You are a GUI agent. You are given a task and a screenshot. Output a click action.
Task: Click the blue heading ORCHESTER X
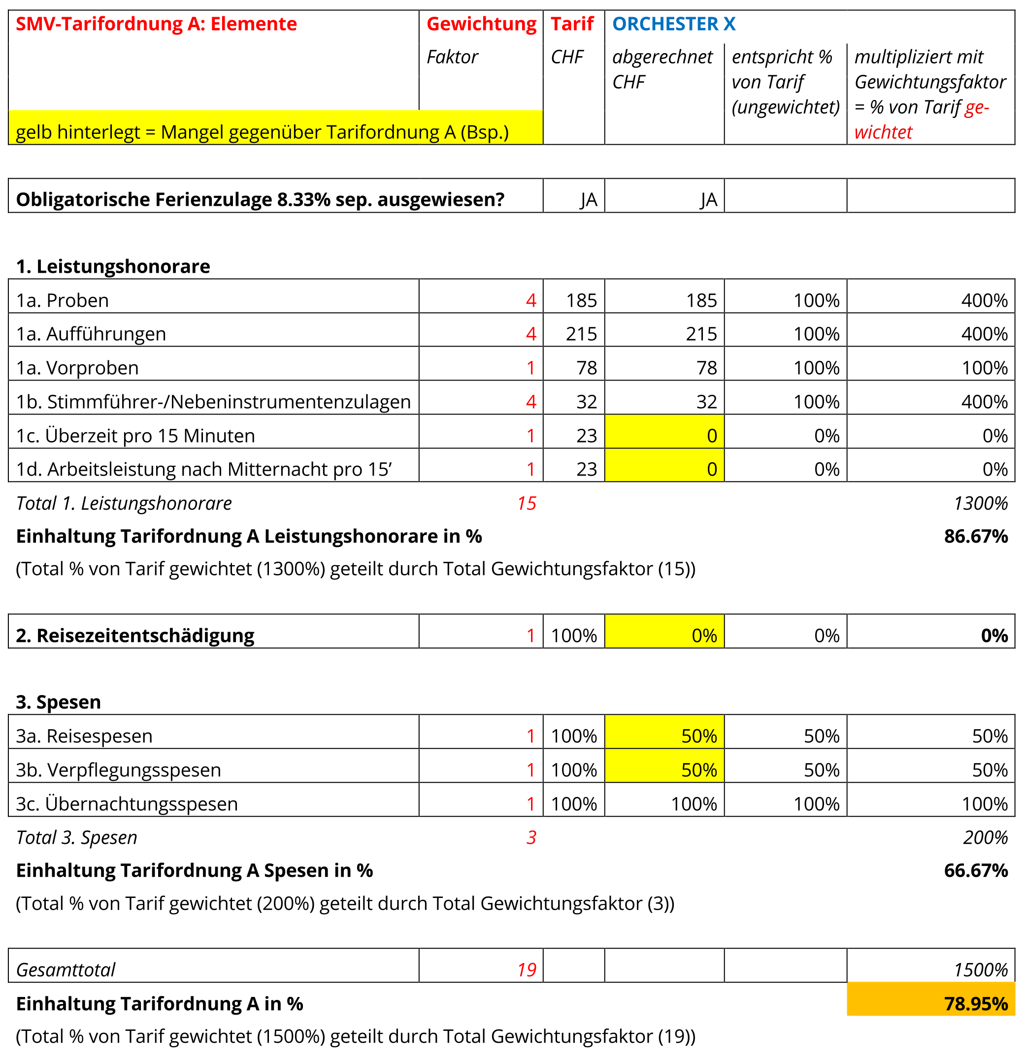pyautogui.click(x=673, y=24)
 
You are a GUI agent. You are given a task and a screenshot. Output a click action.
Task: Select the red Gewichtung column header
pyautogui.click(x=481, y=24)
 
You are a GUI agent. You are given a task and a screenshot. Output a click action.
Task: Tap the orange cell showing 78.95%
pyautogui.click(x=930, y=999)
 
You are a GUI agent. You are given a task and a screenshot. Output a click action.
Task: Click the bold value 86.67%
pyautogui.click(x=975, y=536)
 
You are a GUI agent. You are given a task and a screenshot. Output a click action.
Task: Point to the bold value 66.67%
pyautogui.click(x=975, y=870)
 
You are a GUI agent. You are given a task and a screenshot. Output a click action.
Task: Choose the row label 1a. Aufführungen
pyautogui.click(x=91, y=334)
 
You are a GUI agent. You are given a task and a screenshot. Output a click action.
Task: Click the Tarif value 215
pyautogui.click(x=581, y=334)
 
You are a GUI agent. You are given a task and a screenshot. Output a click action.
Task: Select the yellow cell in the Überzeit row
pyautogui.click(x=664, y=431)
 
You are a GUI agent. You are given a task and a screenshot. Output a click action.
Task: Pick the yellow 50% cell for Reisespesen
pyautogui.click(x=664, y=732)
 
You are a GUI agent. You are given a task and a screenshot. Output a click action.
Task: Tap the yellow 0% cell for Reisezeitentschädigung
pyautogui.click(x=664, y=631)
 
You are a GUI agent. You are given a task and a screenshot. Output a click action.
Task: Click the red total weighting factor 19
pyautogui.click(x=527, y=970)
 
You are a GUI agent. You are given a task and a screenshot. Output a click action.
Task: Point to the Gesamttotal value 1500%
pyautogui.click(x=981, y=970)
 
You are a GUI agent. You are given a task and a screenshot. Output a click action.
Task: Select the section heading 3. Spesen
pyautogui.click(x=58, y=702)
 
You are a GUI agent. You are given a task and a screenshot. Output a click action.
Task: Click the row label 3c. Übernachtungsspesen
pyautogui.click(x=127, y=803)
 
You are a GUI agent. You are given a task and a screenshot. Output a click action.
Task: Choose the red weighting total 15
pyautogui.click(x=527, y=503)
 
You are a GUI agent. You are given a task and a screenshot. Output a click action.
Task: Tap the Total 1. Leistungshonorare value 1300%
pyautogui.click(x=981, y=503)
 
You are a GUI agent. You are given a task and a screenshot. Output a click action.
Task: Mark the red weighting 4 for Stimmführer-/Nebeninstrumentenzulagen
pyautogui.click(x=531, y=402)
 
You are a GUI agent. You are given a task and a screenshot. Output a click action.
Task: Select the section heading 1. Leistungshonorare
pyautogui.click(x=113, y=266)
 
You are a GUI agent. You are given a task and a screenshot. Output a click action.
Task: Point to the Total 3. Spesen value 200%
pyautogui.click(x=985, y=837)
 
